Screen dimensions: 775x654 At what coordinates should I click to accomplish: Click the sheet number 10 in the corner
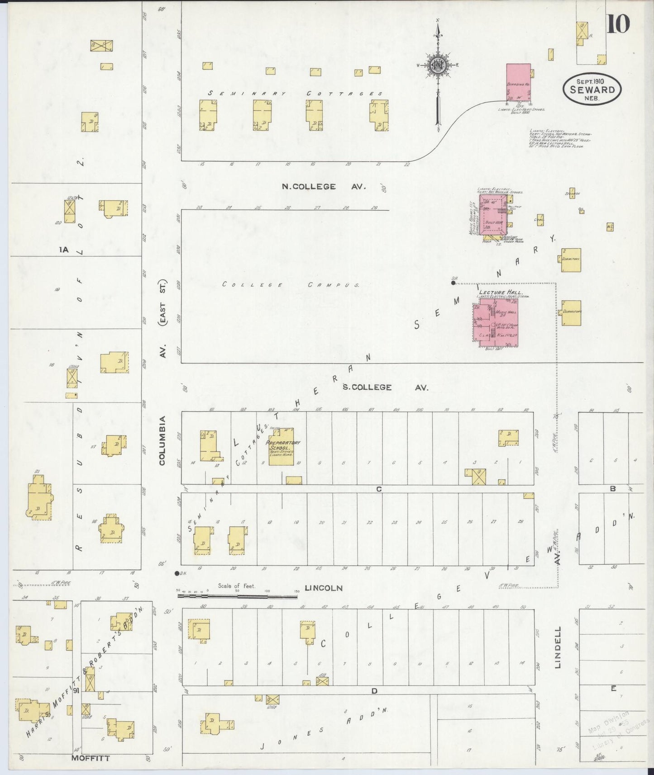618,24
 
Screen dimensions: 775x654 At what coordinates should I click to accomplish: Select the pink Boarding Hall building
518,82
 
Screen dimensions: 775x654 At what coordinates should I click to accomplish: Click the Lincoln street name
323,588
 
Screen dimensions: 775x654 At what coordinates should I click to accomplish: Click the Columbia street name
162,440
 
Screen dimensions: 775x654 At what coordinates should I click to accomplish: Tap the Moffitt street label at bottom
91,758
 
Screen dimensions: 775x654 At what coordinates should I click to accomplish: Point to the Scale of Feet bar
237,596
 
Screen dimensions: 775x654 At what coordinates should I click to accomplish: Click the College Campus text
291,285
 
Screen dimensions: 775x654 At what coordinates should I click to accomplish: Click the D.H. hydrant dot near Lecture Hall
453,283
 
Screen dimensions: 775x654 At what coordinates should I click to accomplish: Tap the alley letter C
379,489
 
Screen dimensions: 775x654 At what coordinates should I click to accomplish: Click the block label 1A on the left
64,249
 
